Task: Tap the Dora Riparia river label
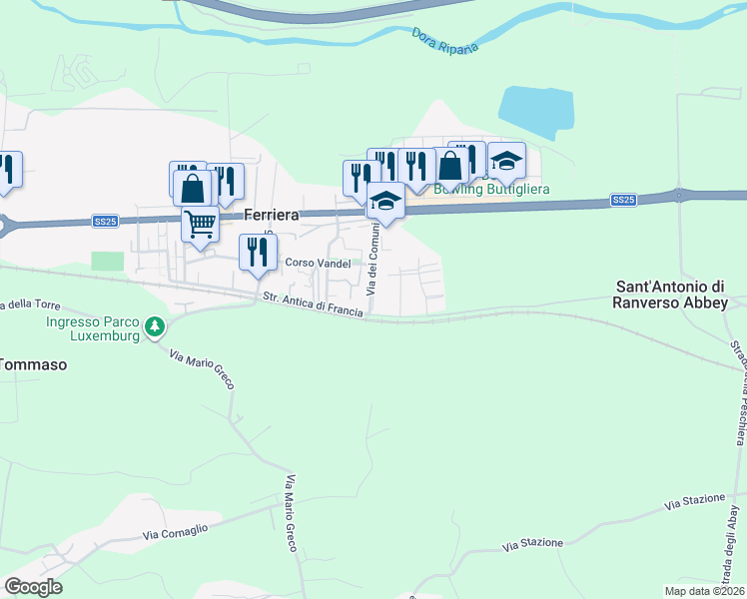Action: click(445, 41)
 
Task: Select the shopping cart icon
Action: click(200, 225)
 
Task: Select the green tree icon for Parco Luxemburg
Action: click(154, 326)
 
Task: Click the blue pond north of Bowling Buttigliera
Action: click(535, 112)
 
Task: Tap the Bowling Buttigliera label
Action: click(491, 189)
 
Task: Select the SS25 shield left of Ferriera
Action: click(106, 221)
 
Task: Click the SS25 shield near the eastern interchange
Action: click(623, 201)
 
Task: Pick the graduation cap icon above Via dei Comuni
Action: click(385, 201)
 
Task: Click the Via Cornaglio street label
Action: click(174, 534)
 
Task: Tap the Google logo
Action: click(33, 587)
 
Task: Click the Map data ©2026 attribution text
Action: click(703, 591)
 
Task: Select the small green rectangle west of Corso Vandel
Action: click(107, 261)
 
